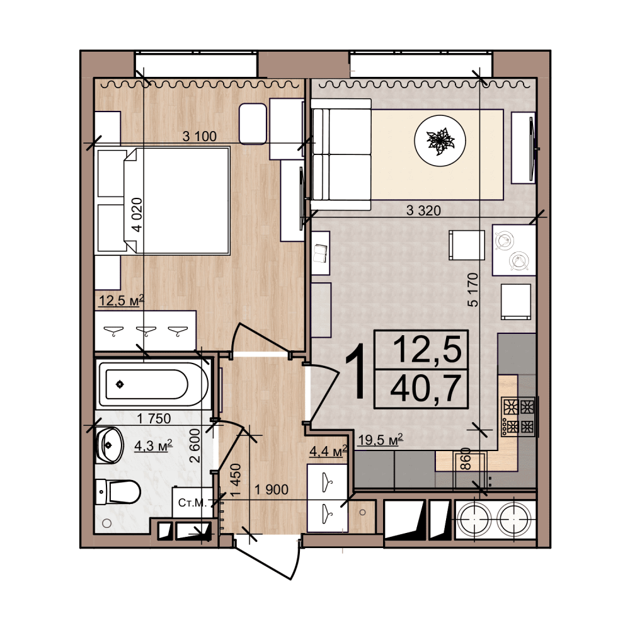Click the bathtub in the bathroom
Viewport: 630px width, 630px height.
tap(154, 384)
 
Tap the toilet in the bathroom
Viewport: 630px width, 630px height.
tap(118, 491)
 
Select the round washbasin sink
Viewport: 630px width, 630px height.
tap(109, 445)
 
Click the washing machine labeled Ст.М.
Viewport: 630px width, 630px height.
tap(192, 502)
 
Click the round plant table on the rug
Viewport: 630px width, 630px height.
tap(440, 140)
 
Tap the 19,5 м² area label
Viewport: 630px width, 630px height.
tap(381, 440)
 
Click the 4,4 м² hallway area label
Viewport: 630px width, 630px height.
tap(328, 451)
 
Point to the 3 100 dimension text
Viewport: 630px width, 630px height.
tap(199, 136)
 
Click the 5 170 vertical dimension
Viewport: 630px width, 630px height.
tap(473, 290)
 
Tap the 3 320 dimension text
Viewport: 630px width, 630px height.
tap(423, 210)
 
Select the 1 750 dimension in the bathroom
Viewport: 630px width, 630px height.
tap(154, 419)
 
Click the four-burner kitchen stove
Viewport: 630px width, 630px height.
tap(518, 417)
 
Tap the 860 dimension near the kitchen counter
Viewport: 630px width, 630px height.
tap(466, 459)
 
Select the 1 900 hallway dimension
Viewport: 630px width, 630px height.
tap(272, 490)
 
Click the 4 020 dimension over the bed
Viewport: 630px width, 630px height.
tap(137, 215)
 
